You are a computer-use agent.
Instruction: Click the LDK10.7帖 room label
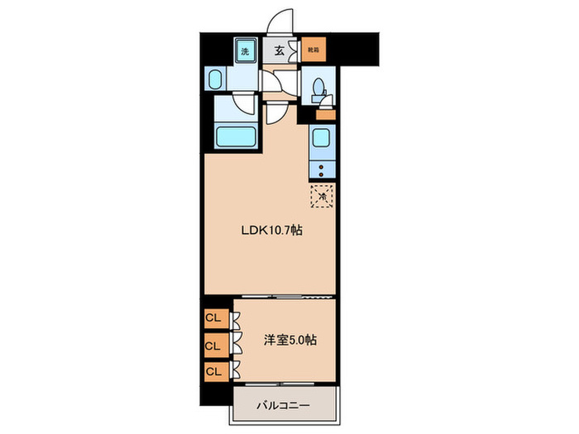(x=271, y=231)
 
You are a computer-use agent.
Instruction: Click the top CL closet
(x=213, y=317)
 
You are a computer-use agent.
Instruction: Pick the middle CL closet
(x=213, y=345)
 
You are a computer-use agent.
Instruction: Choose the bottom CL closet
(x=213, y=371)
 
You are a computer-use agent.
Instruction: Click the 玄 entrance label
(x=280, y=50)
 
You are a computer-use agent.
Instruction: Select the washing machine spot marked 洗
(x=245, y=50)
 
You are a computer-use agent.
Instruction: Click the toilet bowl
(x=318, y=87)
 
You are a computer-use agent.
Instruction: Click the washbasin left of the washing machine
(x=214, y=80)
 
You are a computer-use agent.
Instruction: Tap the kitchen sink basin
(x=323, y=139)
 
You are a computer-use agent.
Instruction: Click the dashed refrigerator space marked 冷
(x=323, y=196)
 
